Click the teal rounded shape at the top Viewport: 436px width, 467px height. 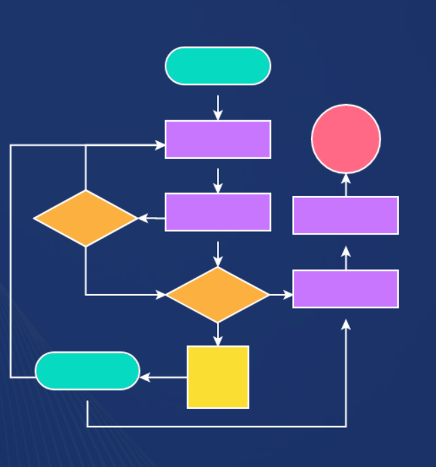pyautogui.click(x=218, y=66)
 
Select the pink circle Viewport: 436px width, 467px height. pyautogui.click(x=346, y=139)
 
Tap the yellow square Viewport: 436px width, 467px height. pyautogui.click(x=218, y=377)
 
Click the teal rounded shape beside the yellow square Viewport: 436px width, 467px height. pyautogui.click(x=87, y=371)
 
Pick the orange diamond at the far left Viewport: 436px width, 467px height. pyautogui.click(x=86, y=218)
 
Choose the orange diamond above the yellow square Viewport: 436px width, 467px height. pyautogui.click(x=218, y=295)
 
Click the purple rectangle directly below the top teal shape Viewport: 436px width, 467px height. pyautogui.click(x=218, y=139)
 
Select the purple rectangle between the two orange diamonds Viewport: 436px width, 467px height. pyautogui.click(x=218, y=212)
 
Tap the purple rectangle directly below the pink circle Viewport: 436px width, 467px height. pyautogui.click(x=345, y=216)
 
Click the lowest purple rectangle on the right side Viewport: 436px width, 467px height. pyautogui.click(x=345, y=289)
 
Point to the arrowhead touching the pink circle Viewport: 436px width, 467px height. pyautogui.click(x=346, y=178)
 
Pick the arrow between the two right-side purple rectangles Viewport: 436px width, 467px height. pyautogui.click(x=346, y=257)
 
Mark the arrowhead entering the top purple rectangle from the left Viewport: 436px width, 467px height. pyautogui.click(x=160, y=145)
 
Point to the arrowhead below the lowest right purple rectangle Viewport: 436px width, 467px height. pyautogui.click(x=346, y=325)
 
